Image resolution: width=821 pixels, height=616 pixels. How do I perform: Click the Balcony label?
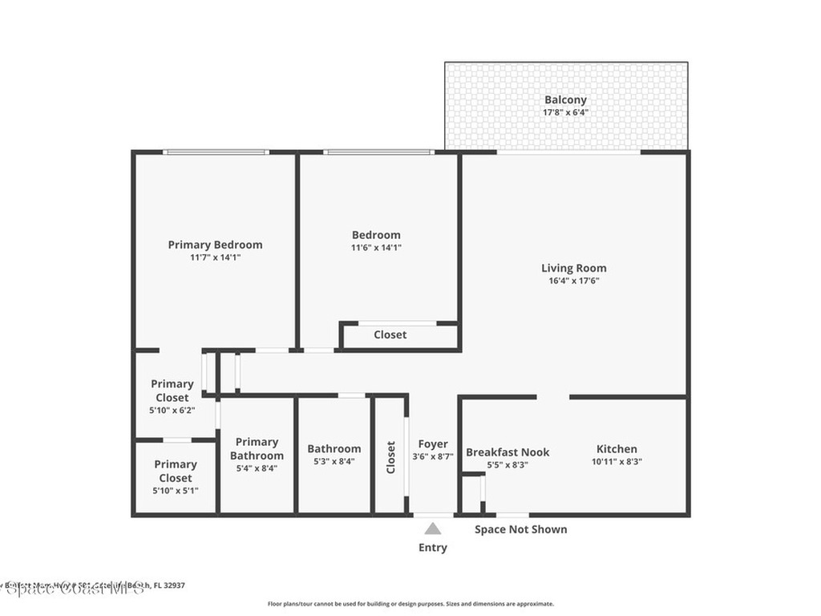(x=565, y=99)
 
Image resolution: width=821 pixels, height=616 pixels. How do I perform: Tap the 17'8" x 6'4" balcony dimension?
(x=565, y=112)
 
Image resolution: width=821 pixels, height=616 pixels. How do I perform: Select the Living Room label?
(x=573, y=268)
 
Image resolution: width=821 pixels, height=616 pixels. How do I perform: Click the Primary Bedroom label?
(x=215, y=245)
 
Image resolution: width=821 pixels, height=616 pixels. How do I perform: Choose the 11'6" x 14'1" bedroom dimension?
(x=376, y=248)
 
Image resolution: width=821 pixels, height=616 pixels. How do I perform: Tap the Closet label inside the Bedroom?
(x=390, y=334)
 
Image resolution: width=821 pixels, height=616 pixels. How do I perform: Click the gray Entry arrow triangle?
(x=433, y=529)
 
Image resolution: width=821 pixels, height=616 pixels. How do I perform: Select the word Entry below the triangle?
(x=433, y=548)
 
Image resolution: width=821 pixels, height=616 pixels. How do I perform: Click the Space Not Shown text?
(x=520, y=529)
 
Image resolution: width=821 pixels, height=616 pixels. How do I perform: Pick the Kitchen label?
(x=617, y=449)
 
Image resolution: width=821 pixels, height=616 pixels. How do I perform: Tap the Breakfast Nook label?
(x=508, y=452)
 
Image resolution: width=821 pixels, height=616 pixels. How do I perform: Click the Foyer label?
(x=433, y=444)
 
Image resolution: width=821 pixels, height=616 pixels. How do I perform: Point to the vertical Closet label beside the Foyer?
(x=391, y=457)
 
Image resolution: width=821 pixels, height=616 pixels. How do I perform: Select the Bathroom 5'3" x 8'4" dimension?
(x=334, y=462)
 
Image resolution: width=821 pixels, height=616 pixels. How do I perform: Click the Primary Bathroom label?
(x=257, y=448)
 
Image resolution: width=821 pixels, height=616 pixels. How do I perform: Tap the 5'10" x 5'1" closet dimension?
(x=176, y=491)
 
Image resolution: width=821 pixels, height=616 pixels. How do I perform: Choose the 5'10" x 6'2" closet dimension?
(x=172, y=410)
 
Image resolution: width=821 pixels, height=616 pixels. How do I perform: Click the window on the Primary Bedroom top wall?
(x=215, y=152)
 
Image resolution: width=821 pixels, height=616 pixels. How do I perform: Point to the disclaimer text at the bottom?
(x=410, y=604)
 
